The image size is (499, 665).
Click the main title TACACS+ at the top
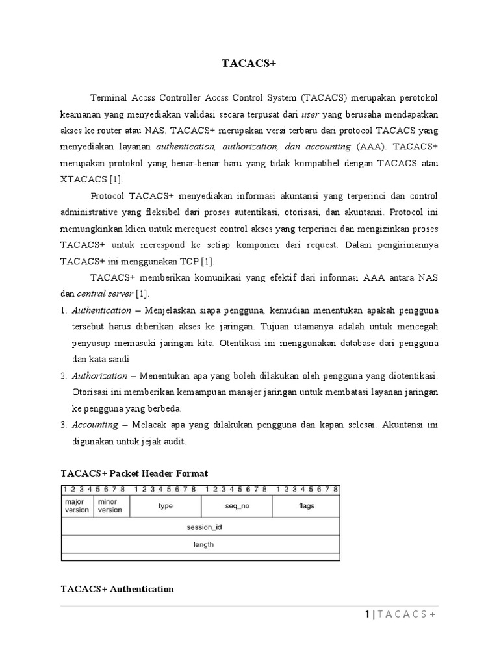[249, 64]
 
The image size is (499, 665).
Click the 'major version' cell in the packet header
[77, 505]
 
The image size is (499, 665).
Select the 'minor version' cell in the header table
[110, 505]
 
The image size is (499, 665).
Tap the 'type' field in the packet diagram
[166, 505]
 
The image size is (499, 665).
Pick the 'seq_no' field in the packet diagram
[237, 505]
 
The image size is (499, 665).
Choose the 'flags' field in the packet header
[306, 505]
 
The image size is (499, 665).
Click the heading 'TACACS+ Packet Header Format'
[134, 473]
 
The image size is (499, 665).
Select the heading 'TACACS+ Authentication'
[117, 589]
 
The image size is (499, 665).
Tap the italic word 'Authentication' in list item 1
[101, 310]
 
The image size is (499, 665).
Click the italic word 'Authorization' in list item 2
[99, 376]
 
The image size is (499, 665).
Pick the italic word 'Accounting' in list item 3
[95, 425]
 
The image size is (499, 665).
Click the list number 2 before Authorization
[63, 376]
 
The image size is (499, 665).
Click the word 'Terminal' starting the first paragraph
[109, 97]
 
